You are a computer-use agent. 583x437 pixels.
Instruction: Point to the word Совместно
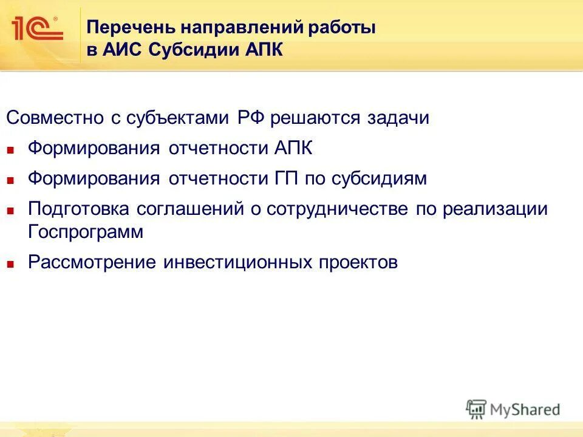click(x=55, y=117)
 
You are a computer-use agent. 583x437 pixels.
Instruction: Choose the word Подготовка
click(x=78, y=209)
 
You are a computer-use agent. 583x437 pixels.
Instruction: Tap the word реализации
click(x=494, y=209)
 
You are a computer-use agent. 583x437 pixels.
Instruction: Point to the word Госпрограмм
click(x=86, y=232)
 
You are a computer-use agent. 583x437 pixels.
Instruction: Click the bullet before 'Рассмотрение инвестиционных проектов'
click(x=10, y=264)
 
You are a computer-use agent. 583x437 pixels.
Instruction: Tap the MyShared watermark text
click(x=525, y=410)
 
